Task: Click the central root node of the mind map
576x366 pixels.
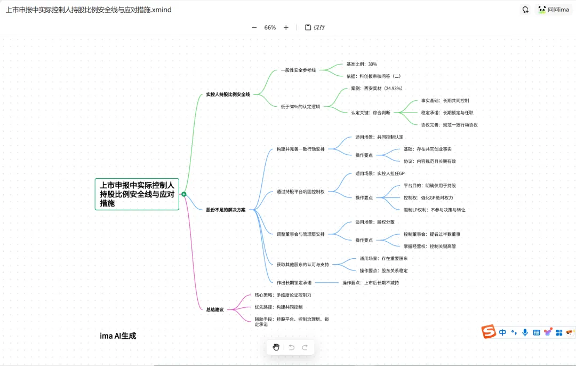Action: click(x=137, y=194)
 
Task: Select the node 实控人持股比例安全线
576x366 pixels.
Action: click(x=228, y=94)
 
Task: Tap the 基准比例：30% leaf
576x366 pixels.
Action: click(x=362, y=64)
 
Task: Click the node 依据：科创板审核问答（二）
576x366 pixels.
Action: click(x=373, y=76)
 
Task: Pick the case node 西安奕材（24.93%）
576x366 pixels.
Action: click(x=377, y=89)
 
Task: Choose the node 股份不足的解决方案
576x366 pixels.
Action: click(x=226, y=210)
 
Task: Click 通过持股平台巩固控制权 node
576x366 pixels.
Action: click(x=300, y=192)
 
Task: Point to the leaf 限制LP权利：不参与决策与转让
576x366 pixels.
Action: click(x=434, y=210)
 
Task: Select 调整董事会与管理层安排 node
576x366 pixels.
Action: click(x=300, y=234)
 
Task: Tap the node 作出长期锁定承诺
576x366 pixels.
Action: click(x=294, y=282)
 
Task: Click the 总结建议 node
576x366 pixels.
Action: click(x=215, y=309)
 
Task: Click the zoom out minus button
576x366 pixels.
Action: click(x=254, y=27)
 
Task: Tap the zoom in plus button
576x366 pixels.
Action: click(x=286, y=27)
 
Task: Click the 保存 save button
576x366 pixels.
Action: click(x=315, y=27)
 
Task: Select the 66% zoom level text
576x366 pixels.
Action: click(x=270, y=27)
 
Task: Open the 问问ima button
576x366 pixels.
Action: click(x=553, y=10)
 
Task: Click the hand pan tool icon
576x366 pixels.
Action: click(x=276, y=347)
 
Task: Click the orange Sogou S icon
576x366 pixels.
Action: click(x=489, y=332)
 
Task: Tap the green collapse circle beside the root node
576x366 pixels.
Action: click(x=184, y=194)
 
